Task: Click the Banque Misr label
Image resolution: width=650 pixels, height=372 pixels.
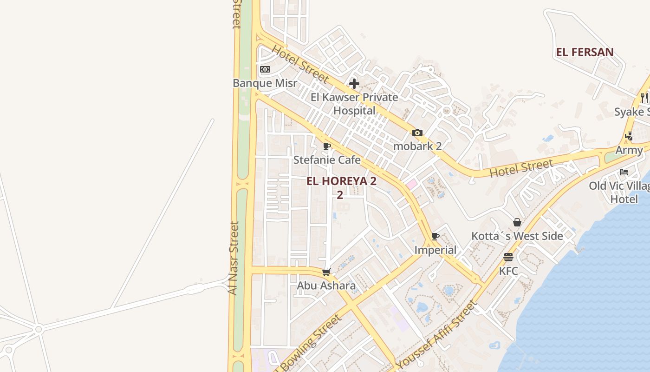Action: point(265,83)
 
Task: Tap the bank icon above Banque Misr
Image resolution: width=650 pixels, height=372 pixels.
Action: point(265,69)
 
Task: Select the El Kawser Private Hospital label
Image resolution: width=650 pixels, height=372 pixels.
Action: point(354,104)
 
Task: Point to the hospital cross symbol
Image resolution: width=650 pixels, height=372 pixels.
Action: point(354,84)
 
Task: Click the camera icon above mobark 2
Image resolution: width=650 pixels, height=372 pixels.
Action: point(417,133)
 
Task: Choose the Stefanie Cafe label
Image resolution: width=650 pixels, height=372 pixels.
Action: point(327,160)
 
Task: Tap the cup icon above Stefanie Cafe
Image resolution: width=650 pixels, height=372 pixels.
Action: point(327,146)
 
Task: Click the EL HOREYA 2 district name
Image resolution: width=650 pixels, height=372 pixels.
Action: point(341,181)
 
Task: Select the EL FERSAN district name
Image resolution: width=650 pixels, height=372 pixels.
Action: point(585,52)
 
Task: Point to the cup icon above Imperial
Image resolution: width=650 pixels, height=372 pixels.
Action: point(435,236)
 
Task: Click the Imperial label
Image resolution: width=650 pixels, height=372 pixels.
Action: point(435,250)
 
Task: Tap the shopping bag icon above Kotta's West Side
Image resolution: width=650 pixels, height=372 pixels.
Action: point(517,222)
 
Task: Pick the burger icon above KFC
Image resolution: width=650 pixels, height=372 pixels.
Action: point(508,257)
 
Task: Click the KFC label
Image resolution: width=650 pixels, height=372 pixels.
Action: point(508,271)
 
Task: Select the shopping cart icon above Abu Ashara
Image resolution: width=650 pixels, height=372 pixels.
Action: point(326,272)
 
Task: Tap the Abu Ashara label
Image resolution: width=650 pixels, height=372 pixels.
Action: point(326,286)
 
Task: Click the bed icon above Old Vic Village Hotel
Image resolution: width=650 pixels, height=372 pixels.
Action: point(624,172)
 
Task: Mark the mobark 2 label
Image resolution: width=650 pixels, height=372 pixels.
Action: point(417,146)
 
